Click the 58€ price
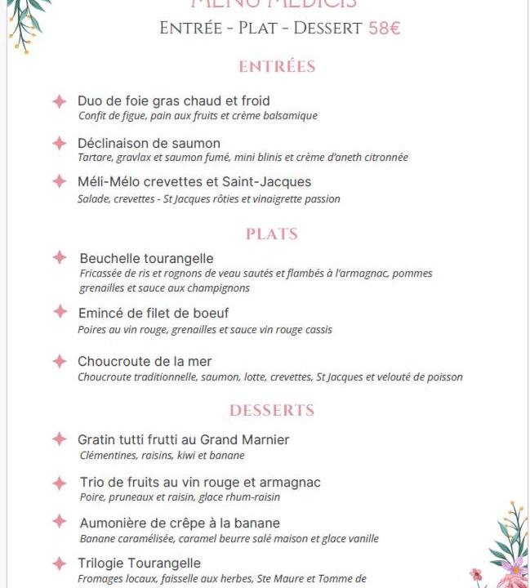pyautogui.click(x=384, y=28)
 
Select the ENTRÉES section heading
pyautogui.click(x=277, y=66)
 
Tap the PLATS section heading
pyautogui.click(x=272, y=234)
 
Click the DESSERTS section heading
pyautogui.click(x=272, y=410)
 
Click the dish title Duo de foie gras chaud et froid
pyautogui.click(x=173, y=100)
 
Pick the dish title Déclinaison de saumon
pyautogui.click(x=149, y=143)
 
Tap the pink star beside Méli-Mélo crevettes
pyautogui.click(x=60, y=181)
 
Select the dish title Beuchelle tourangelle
pyautogui.click(x=146, y=258)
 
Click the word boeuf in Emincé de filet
pyautogui.click(x=210, y=313)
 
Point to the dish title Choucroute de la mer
pyautogui.click(x=145, y=361)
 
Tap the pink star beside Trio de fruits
pyautogui.click(x=60, y=483)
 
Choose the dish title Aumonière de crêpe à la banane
pyautogui.click(x=180, y=523)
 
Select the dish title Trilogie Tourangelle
pyautogui.click(x=139, y=563)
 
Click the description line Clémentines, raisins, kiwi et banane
pyautogui.click(x=162, y=456)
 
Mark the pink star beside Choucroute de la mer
pyautogui.click(x=60, y=361)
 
